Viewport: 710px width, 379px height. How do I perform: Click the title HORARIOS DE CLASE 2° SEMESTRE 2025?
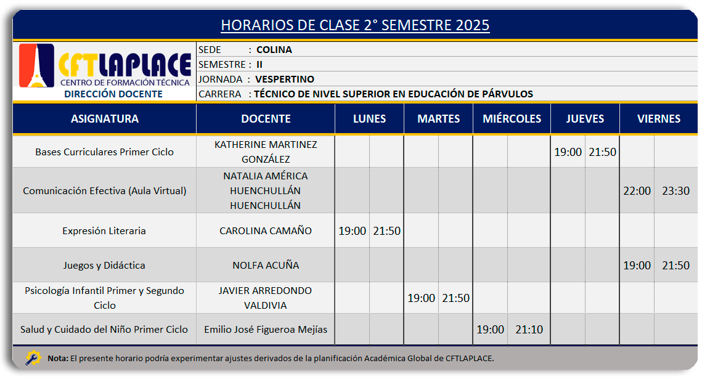(x=355, y=25)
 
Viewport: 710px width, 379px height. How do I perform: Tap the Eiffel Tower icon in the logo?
(x=37, y=66)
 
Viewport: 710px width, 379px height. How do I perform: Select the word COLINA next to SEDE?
(x=274, y=50)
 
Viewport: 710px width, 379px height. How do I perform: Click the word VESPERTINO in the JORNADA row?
(x=284, y=79)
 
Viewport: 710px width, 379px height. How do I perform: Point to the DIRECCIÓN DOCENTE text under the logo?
(x=113, y=94)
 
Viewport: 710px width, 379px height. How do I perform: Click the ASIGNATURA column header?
(x=105, y=119)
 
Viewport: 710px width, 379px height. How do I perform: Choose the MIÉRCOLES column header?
(x=512, y=119)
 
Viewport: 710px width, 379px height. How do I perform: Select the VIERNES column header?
(x=659, y=119)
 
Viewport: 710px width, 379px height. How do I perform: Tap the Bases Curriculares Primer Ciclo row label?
(x=105, y=152)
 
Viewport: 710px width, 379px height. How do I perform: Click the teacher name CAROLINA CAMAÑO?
(x=266, y=231)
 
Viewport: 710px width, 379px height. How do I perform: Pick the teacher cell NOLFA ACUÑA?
(x=266, y=266)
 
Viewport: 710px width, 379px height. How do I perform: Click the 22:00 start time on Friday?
(x=637, y=191)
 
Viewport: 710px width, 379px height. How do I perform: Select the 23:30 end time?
(x=675, y=191)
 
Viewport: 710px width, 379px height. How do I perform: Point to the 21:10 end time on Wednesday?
(x=529, y=330)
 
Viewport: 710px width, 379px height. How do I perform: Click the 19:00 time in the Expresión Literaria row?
(x=353, y=231)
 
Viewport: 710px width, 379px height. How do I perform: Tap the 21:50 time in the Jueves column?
(x=602, y=152)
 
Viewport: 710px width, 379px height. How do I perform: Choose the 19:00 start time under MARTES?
(x=421, y=298)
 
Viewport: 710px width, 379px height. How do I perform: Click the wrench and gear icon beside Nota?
(x=33, y=358)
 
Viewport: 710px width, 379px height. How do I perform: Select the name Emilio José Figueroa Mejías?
(x=266, y=330)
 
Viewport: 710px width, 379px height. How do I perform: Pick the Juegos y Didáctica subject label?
(x=105, y=266)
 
